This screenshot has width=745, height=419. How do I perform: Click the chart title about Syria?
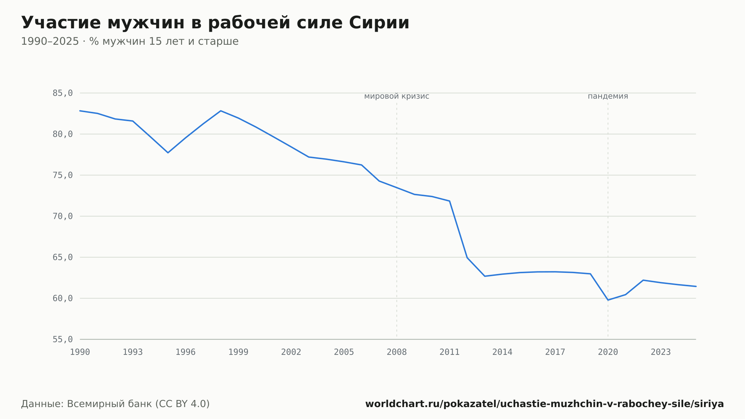215,23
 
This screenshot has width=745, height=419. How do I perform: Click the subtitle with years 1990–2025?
130,41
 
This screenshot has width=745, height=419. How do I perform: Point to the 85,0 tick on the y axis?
63,93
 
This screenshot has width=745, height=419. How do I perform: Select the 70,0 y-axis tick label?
63,216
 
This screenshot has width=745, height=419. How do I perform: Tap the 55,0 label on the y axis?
63,339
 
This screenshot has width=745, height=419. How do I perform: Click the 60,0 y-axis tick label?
63,298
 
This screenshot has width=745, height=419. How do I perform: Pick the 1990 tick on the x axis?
80,352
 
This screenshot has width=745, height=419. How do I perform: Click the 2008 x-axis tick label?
397,352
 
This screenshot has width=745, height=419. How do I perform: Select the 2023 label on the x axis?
661,352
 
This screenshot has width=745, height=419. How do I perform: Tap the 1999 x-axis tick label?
238,352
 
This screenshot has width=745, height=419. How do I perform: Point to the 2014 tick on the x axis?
503,352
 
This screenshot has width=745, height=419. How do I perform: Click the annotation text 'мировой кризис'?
397,97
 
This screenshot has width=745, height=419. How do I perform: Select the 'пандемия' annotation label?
608,97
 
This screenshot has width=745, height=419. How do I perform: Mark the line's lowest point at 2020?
608,300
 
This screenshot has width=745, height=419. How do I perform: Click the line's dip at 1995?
168,152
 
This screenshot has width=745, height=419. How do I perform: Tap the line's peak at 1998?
221,111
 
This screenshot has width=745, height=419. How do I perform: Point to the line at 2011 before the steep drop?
450,201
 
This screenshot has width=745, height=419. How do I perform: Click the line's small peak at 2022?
643,280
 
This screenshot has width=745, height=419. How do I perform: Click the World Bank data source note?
115,404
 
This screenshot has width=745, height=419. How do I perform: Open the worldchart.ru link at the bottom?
545,404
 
